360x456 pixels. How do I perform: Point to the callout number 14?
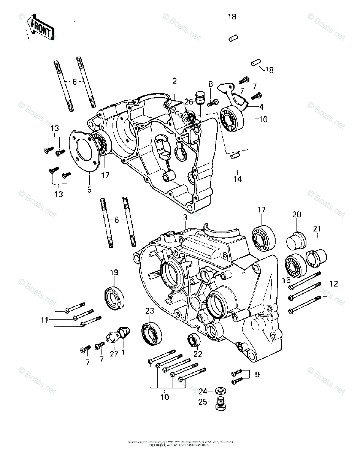(x=238, y=179)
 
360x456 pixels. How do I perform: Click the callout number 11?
(x=45, y=320)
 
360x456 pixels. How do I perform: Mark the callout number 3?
(x=185, y=218)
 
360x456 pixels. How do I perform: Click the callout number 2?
(x=174, y=81)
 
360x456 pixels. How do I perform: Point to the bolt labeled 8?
(x=215, y=101)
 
